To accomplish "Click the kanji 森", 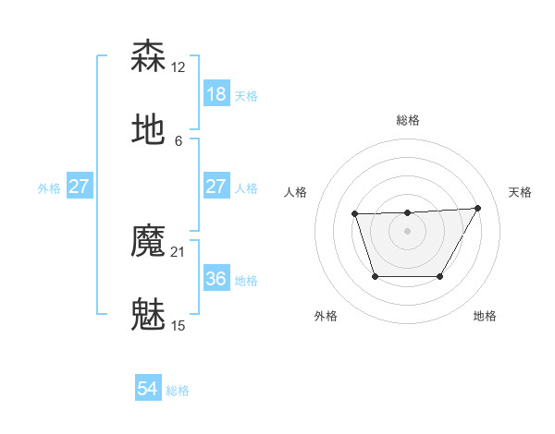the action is [149, 57].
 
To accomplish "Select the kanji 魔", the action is [149, 242].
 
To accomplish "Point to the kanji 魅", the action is [149, 313].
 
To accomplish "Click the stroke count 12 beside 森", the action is [179, 67].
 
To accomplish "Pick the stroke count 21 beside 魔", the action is [179, 252].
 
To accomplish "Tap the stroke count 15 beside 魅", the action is [179, 325].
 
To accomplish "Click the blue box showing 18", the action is [216, 94].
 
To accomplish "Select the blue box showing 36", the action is [216, 279].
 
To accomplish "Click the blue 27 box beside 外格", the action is [80, 187].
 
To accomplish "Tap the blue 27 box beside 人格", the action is [216, 187].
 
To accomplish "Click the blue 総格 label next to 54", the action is [179, 391].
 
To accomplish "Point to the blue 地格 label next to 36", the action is [247, 280].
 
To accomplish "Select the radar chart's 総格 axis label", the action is [407, 120].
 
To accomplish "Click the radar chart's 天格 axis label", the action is [521, 192].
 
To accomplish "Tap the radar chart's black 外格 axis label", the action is [326, 316].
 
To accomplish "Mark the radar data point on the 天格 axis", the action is [477, 208].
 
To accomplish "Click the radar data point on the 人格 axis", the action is [354, 214].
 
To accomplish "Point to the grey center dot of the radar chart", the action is [407, 231].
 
